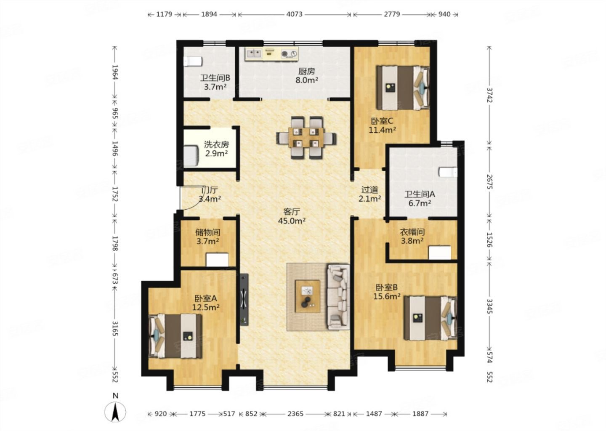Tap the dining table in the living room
pos(306,138)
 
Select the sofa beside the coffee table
pos(338,297)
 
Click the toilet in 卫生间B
pos(193,61)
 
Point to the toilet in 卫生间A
pos(448,172)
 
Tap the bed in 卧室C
pos(403,88)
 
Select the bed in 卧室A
pos(176,336)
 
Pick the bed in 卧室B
pos(431,318)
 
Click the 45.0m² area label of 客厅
pos(292,221)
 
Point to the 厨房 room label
pos(306,72)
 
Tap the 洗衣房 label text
pos(216,144)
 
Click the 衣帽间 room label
pos(412,232)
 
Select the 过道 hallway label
pos(369,190)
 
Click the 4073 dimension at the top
pos(294,14)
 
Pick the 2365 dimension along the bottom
pos(295,414)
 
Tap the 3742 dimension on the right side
pos(489,95)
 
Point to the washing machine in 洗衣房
pos(191,156)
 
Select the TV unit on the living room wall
pos(244,300)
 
